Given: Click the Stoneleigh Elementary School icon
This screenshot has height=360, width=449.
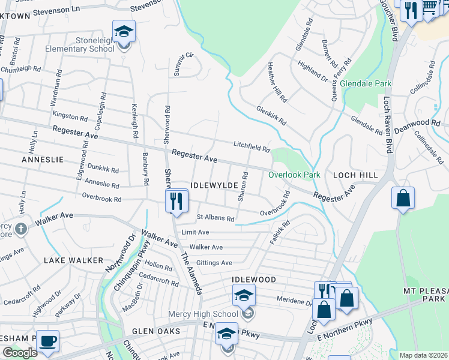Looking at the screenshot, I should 124,32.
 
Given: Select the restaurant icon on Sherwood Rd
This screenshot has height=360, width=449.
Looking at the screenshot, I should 176,200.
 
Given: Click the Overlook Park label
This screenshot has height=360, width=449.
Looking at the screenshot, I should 294,175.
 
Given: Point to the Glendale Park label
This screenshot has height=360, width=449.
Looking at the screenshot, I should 366,84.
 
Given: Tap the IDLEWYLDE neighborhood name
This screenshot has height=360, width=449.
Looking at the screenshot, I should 214,185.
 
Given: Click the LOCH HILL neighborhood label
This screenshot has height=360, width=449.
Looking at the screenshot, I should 357,175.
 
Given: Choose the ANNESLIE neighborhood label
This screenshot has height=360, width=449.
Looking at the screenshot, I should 42,160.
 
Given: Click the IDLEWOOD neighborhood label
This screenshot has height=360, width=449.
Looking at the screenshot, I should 255,280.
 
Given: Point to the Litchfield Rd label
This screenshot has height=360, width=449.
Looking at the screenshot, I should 252,145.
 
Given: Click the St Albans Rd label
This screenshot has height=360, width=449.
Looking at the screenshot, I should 215,218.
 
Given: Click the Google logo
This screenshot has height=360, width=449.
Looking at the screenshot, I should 20,353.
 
